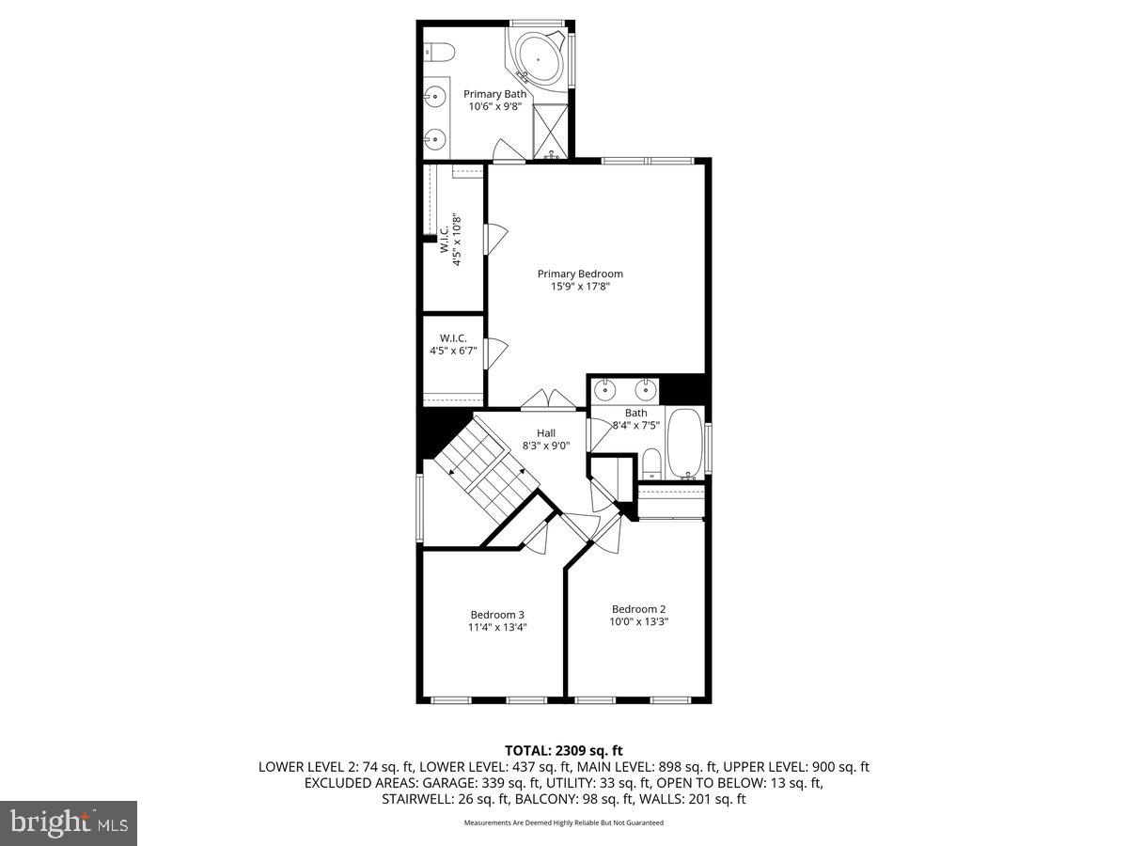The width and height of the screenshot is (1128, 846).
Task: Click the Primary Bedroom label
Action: point(580,274)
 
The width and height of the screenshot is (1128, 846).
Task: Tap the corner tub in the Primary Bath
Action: point(539,58)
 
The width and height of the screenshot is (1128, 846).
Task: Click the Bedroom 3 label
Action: point(497,615)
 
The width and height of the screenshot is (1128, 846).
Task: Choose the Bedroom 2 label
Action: point(638,608)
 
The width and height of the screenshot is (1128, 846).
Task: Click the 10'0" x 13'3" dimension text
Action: point(639,621)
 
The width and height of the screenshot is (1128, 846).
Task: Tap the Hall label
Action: point(546,433)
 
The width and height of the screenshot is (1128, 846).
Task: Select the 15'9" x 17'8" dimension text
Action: point(580,287)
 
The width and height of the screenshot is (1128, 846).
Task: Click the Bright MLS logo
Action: point(69,823)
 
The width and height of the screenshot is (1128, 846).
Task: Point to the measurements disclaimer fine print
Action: point(564,822)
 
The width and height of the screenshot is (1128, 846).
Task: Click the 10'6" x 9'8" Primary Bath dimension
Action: point(494,106)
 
